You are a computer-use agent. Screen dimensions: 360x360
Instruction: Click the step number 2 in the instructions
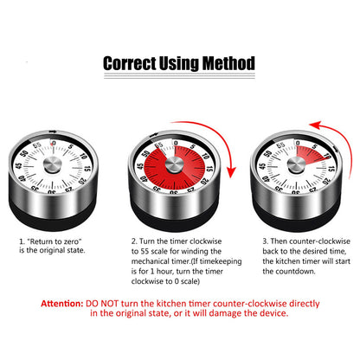point(134,219)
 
